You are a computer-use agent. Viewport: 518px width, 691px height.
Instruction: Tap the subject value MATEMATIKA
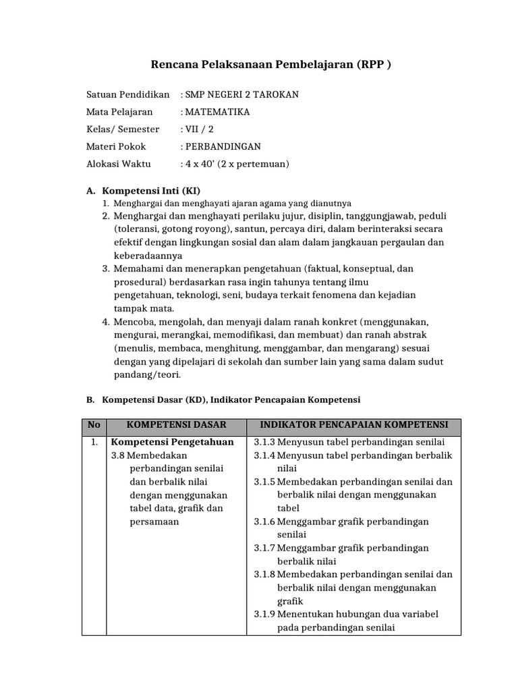point(218,112)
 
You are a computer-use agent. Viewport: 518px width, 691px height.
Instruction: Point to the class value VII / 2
point(200,129)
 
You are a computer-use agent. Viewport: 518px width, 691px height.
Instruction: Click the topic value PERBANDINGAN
point(223,146)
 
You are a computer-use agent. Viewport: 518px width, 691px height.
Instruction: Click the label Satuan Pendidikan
point(127,94)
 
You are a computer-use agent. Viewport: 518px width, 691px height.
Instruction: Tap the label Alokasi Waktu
point(119,164)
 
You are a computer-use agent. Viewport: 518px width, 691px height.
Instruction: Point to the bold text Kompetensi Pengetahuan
point(172,443)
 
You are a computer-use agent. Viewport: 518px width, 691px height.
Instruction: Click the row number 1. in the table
point(94,443)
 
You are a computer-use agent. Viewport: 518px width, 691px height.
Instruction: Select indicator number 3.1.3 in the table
point(265,443)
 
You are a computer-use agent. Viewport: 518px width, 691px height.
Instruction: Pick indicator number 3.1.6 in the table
point(265,522)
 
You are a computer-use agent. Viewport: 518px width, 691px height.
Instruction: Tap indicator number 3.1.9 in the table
point(265,614)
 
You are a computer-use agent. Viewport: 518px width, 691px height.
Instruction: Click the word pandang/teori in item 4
point(148,375)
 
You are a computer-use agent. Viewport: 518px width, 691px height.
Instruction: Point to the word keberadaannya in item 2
point(148,256)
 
